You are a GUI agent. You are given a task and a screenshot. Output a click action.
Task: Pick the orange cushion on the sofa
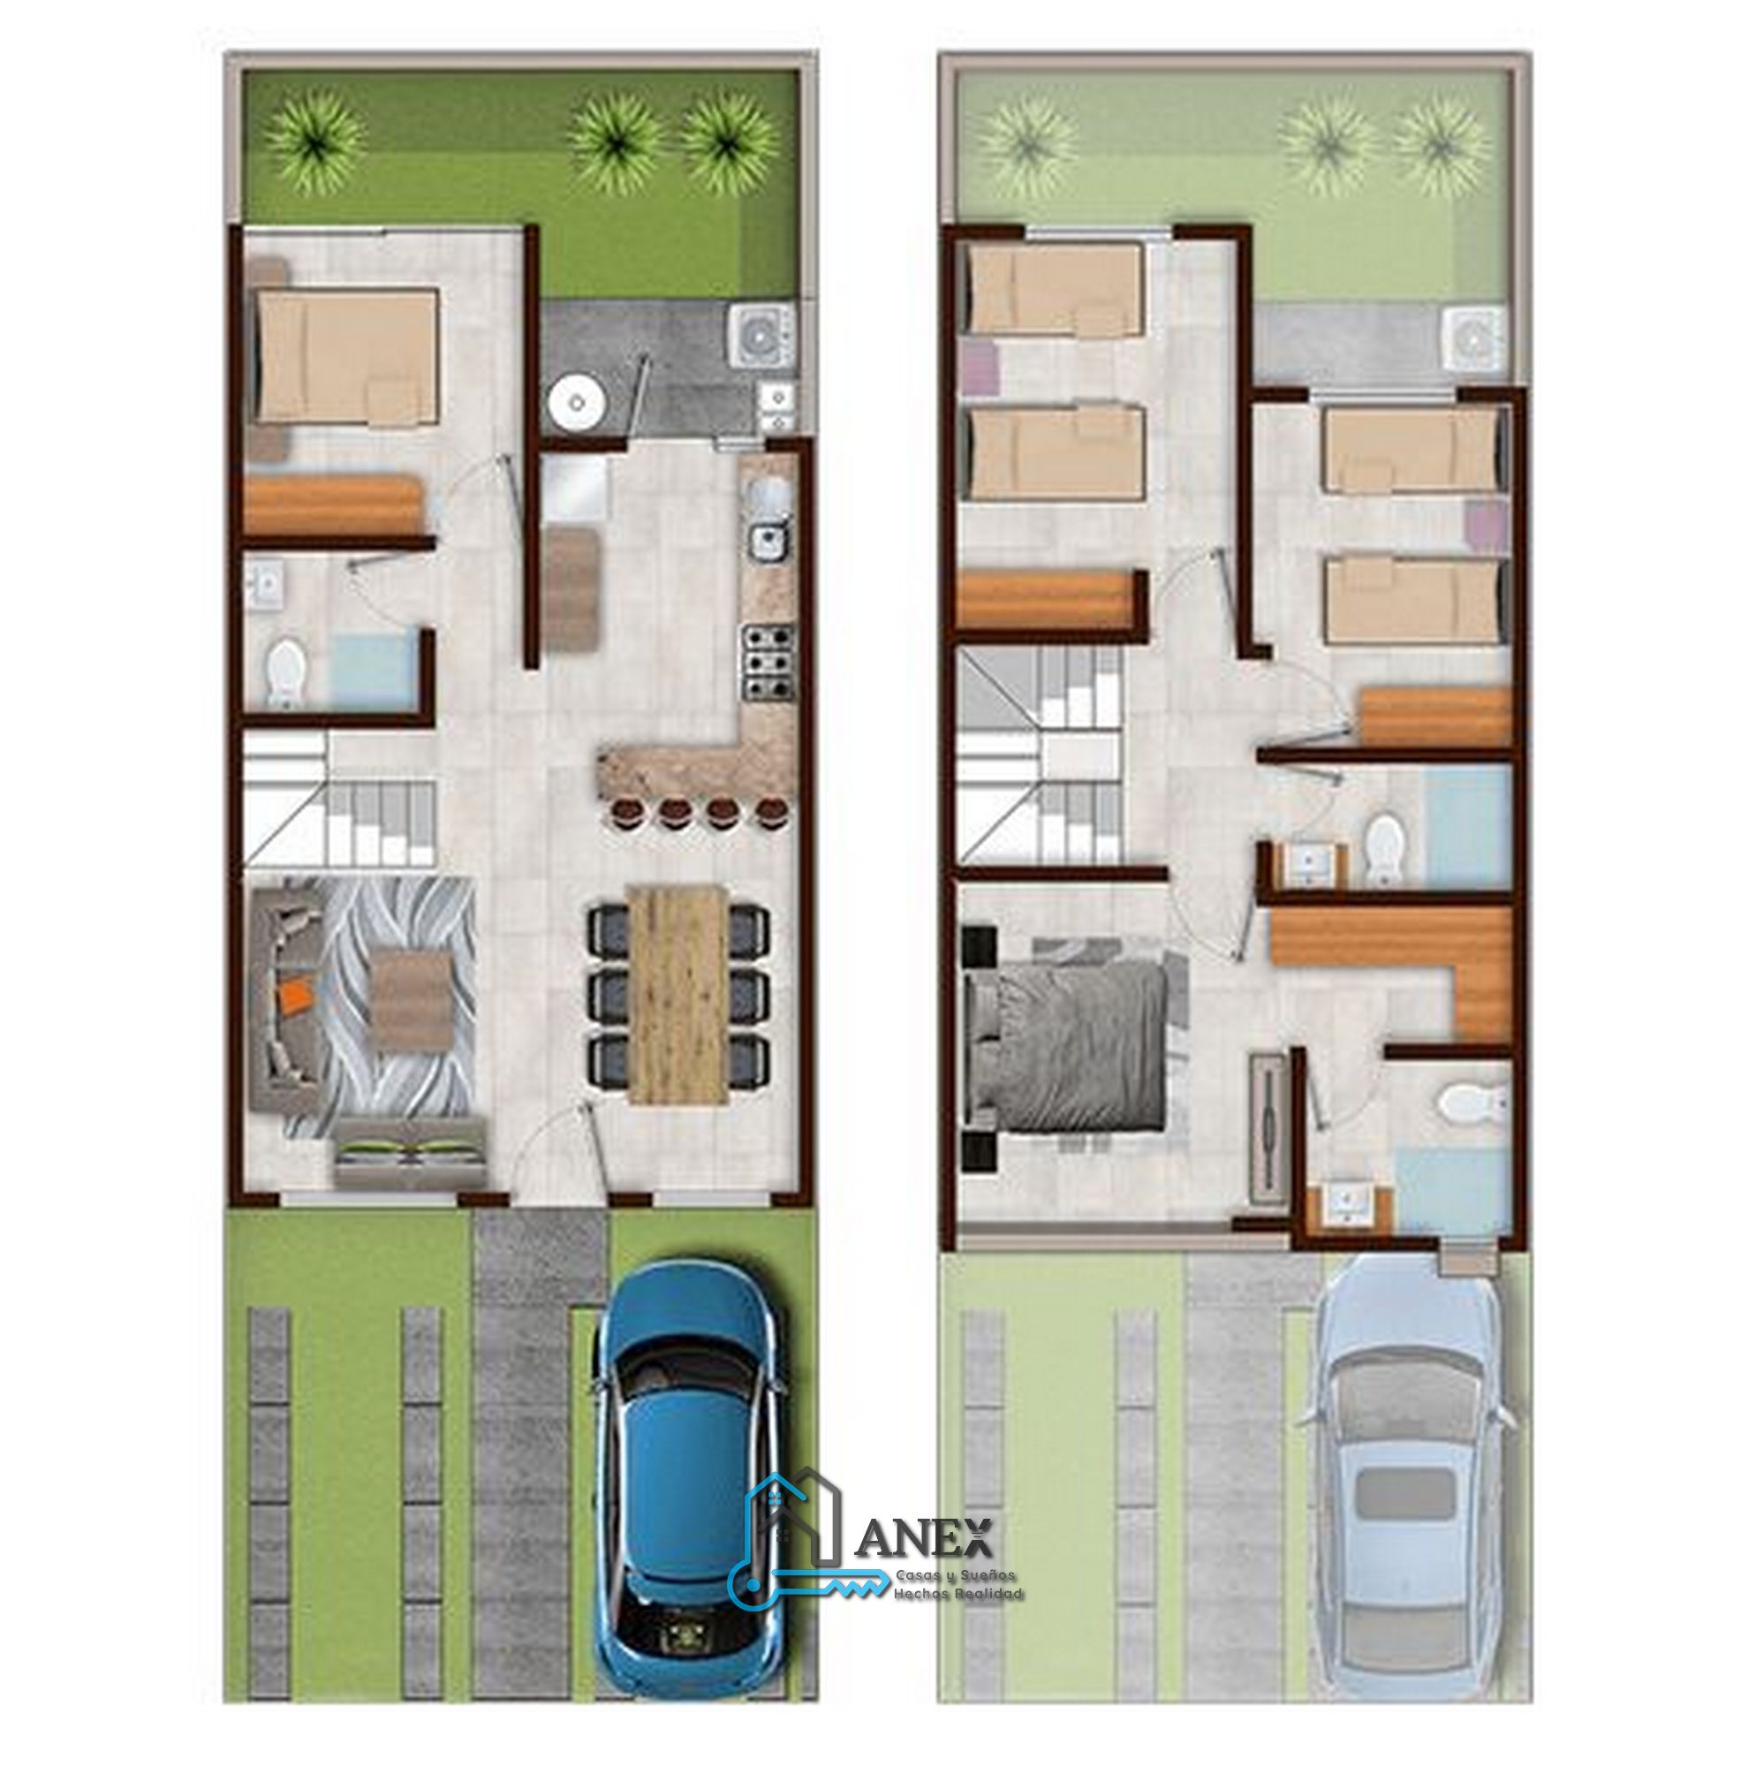[295, 994]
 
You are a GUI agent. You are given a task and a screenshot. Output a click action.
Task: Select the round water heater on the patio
[575, 400]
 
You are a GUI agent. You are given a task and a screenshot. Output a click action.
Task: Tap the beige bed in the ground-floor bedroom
[346, 357]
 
